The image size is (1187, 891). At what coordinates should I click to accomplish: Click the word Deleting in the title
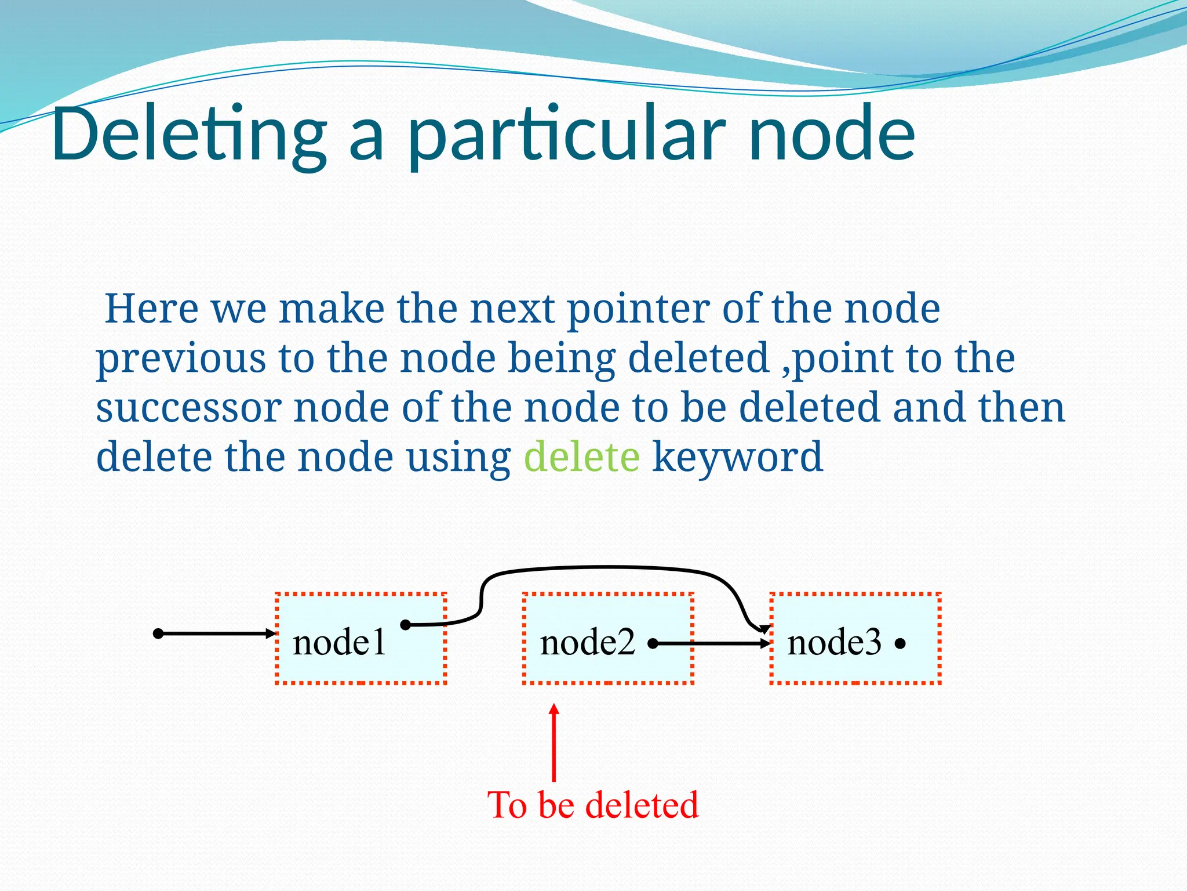pos(188,135)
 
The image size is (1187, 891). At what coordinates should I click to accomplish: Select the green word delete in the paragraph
pos(581,457)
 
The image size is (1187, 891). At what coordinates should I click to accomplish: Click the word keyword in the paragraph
pos(737,457)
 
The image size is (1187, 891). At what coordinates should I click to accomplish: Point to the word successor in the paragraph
pos(188,407)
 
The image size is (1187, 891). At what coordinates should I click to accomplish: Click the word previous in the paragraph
pos(181,358)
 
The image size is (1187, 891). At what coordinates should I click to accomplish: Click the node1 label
pos(339,643)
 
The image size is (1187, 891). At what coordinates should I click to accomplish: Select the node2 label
pos(587,643)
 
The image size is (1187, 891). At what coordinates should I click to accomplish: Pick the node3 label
pos(834,643)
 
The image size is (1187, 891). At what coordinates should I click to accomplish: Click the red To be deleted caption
pos(593,805)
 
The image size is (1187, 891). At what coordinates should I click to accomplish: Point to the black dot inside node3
pos(900,644)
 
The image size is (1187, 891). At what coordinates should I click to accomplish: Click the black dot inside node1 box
pos(406,625)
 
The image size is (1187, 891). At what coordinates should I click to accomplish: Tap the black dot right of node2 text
pos(653,643)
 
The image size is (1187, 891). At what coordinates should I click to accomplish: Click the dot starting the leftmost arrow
pos(158,633)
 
